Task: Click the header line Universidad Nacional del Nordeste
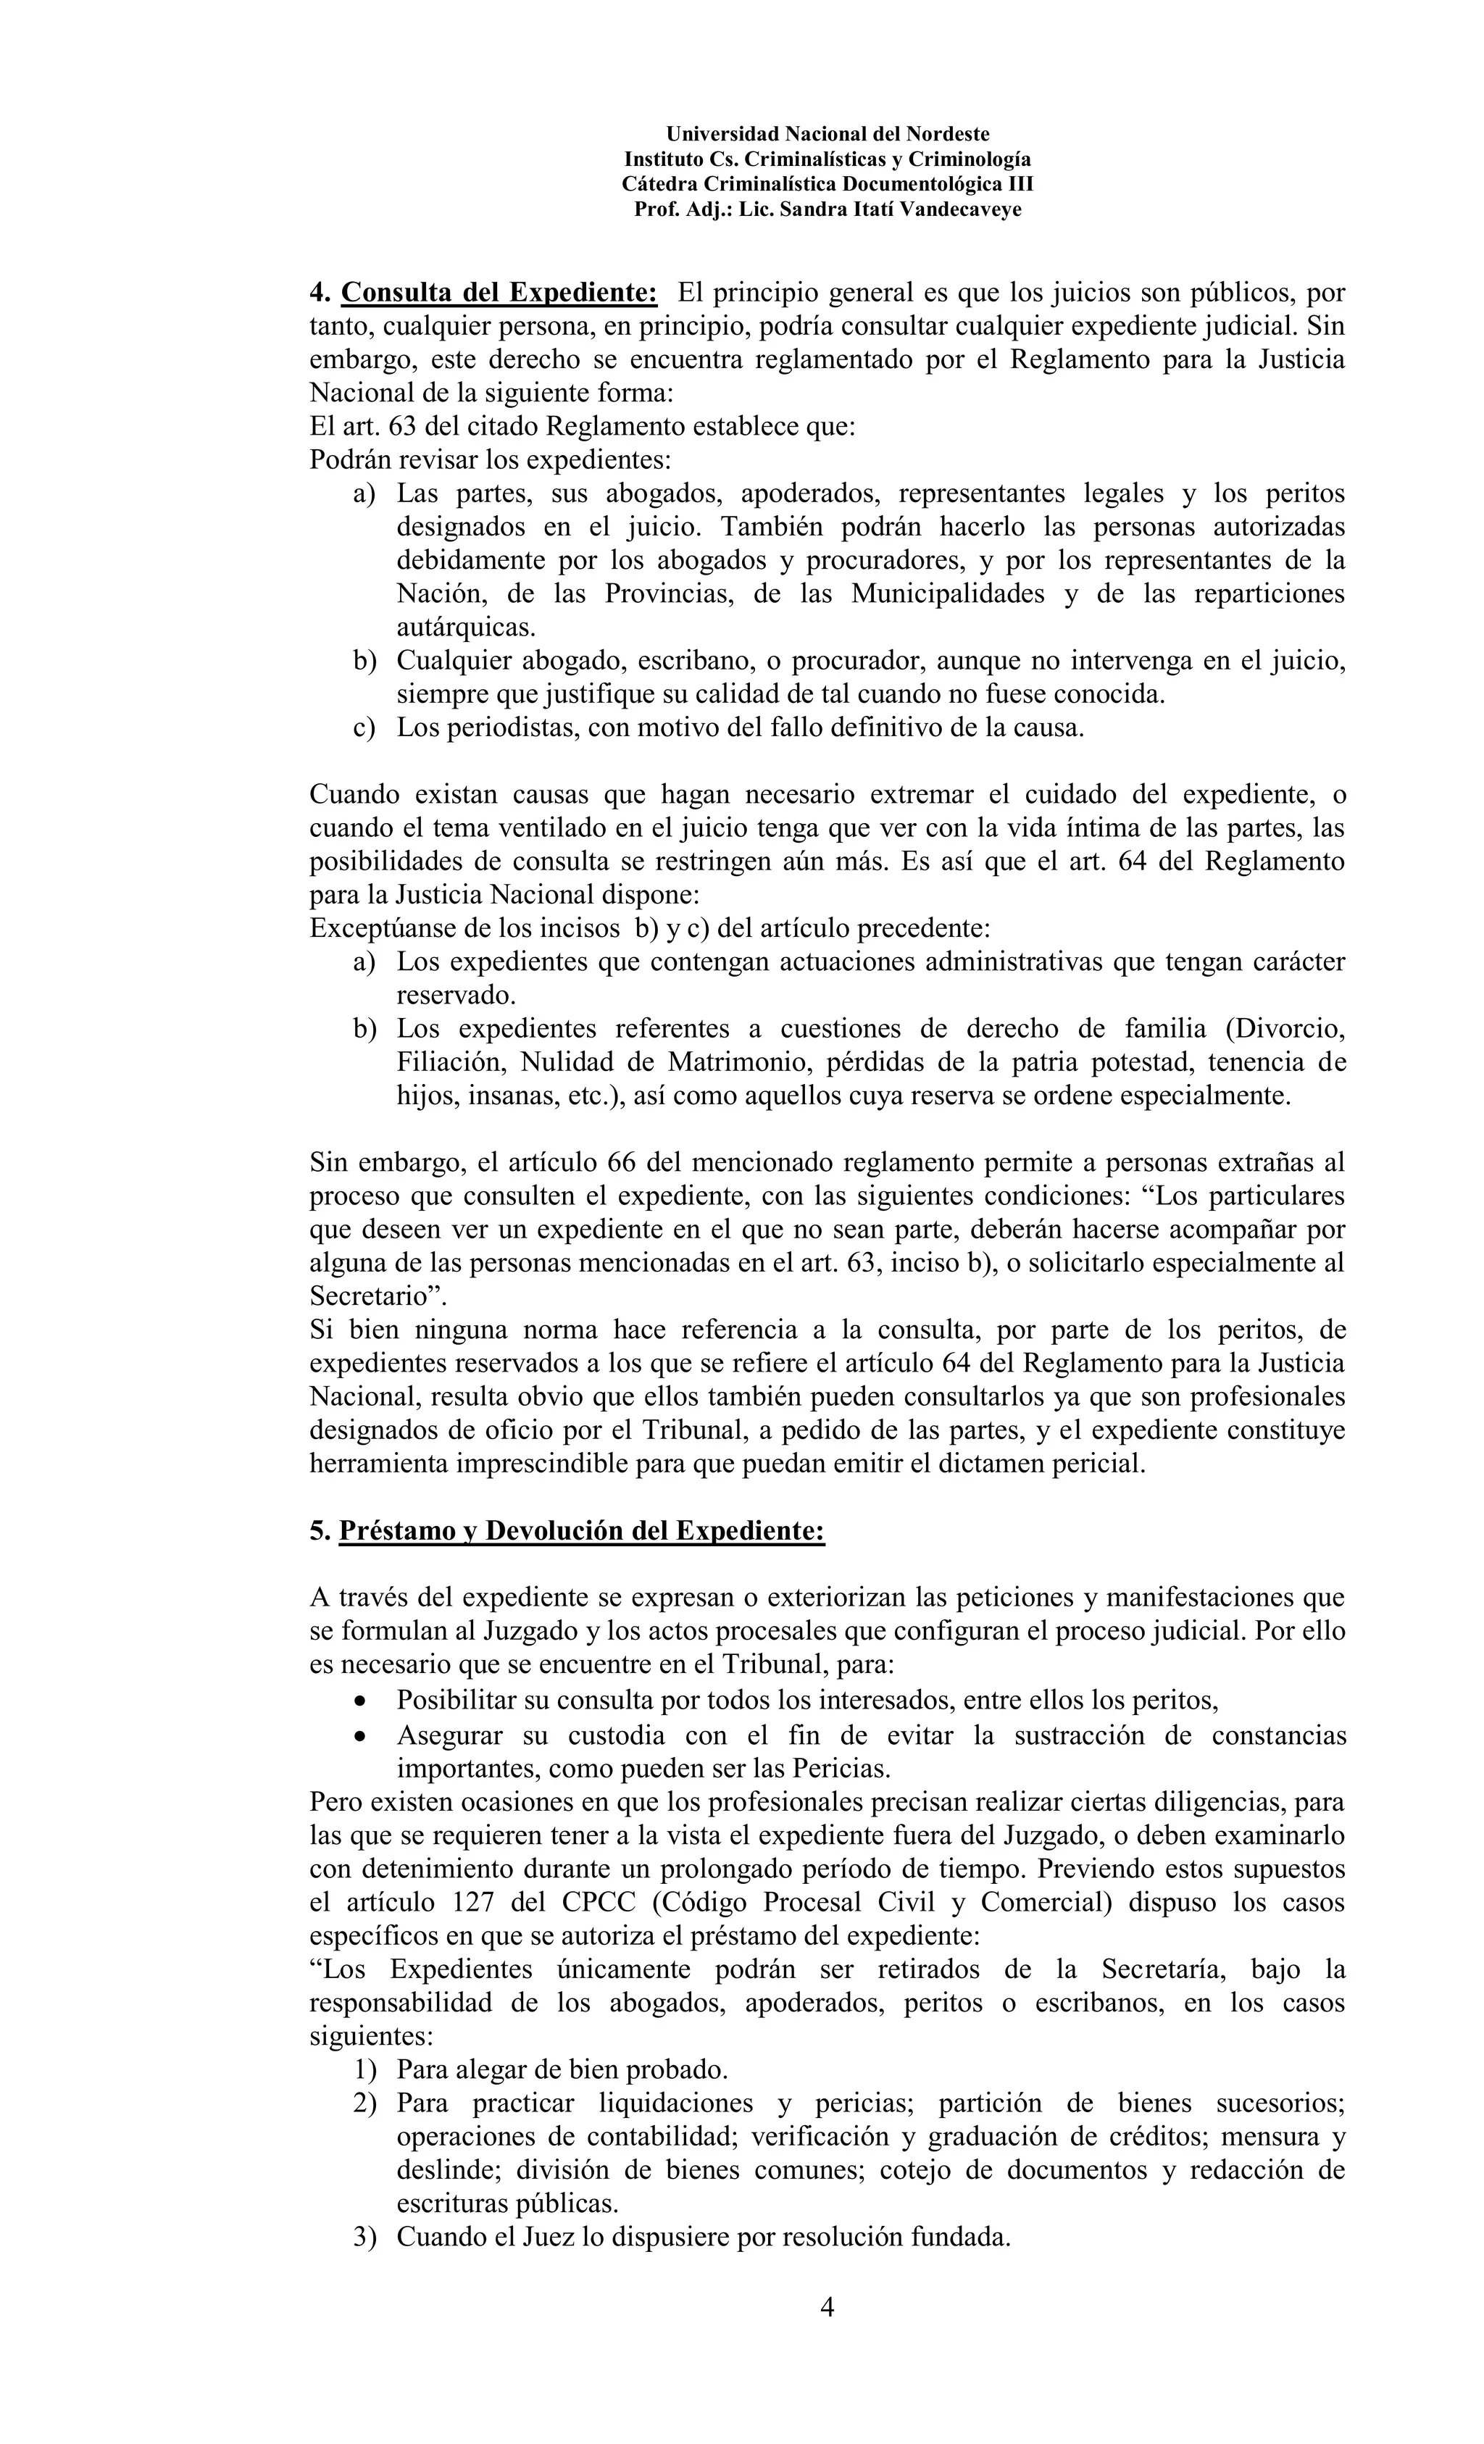click(x=828, y=134)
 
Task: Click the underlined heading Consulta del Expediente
click(x=499, y=293)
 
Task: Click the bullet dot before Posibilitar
click(x=360, y=1702)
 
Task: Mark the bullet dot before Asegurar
click(x=360, y=1737)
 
